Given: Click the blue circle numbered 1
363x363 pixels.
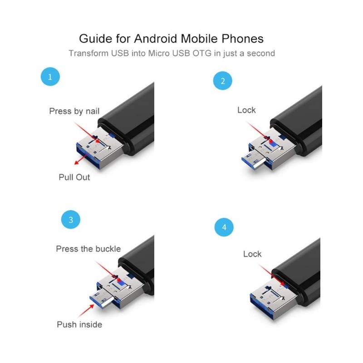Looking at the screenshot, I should point(50,77).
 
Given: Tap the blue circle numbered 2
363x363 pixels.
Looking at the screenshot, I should point(222,81).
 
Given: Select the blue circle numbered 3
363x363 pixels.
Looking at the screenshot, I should point(70,221).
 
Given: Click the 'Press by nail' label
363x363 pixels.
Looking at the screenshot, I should point(74,111).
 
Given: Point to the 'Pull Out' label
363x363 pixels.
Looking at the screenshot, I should point(74,177).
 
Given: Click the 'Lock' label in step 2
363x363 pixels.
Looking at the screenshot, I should point(246,110).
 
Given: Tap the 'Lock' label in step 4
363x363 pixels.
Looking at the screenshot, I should point(252,254).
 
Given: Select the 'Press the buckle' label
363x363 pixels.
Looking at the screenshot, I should point(88,249).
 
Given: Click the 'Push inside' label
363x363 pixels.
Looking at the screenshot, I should point(79,324).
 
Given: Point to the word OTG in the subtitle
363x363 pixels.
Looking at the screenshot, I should point(203,53).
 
